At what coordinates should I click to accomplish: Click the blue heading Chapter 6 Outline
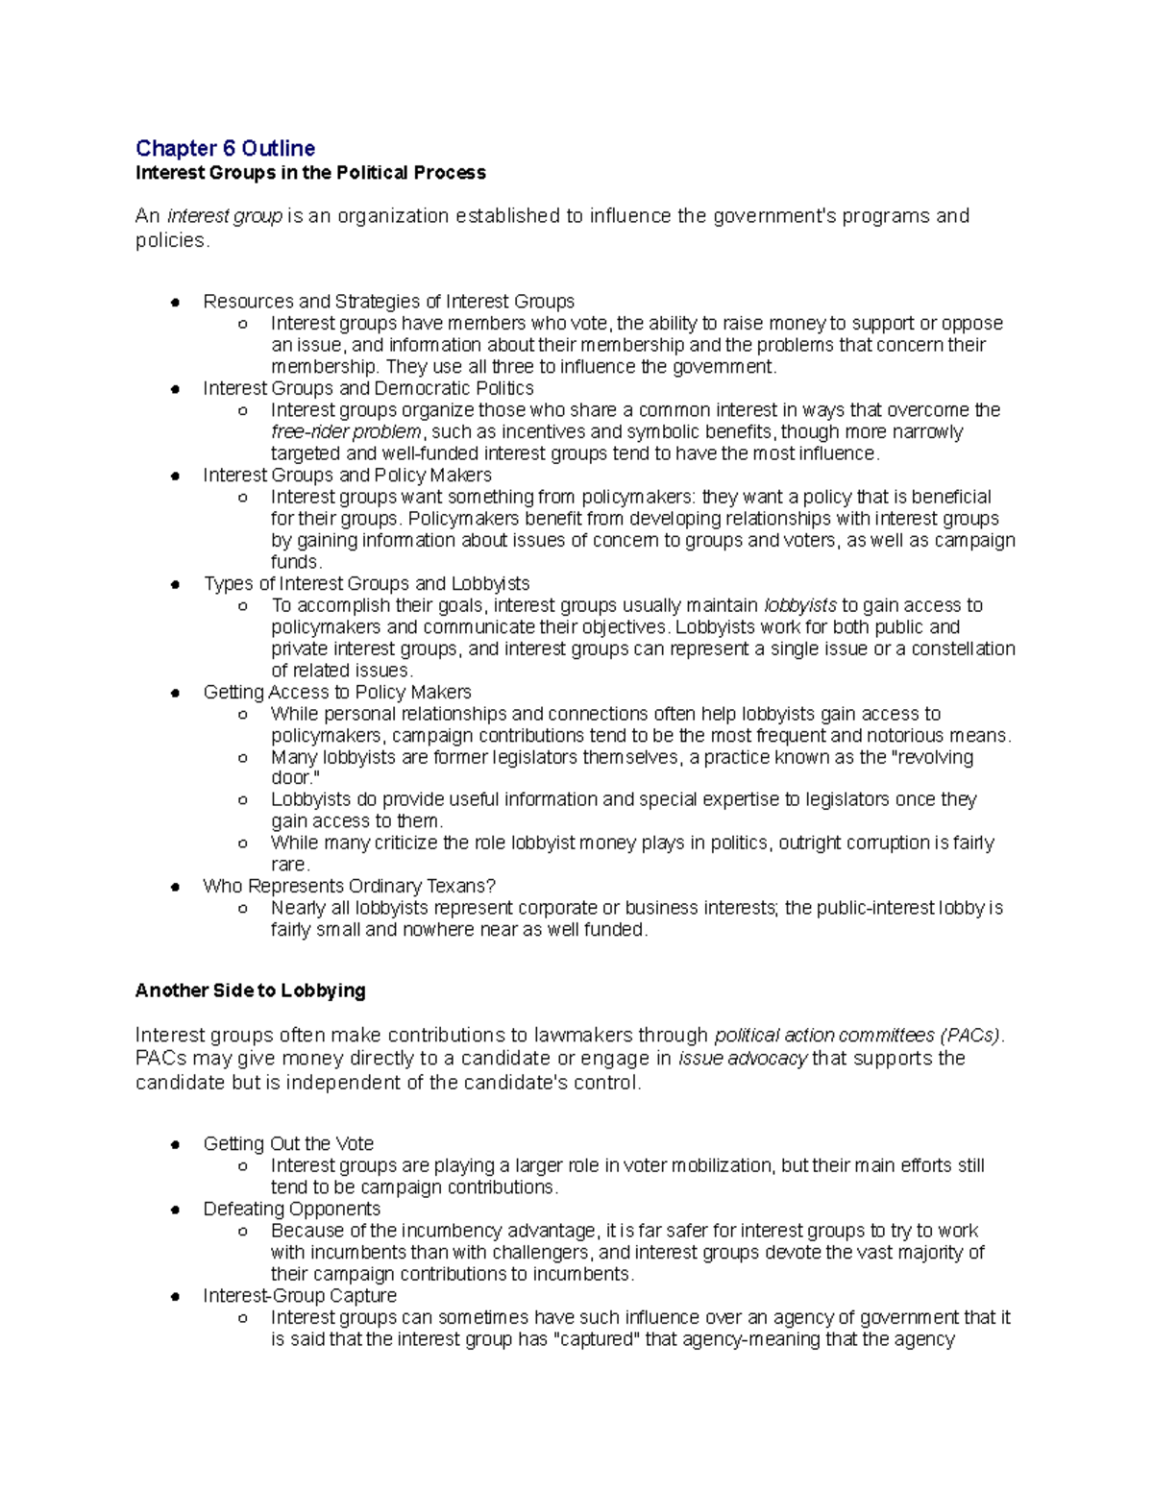225,148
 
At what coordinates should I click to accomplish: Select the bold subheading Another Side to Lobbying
250,991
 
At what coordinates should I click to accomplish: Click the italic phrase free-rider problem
346,432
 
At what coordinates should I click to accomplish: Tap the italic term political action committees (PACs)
858,1036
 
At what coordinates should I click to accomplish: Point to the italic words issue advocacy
743,1059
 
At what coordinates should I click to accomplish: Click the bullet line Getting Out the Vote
288,1144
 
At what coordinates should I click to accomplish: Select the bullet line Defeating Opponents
291,1209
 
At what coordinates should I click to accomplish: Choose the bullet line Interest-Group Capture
299,1296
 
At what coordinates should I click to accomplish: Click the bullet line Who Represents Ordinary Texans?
349,886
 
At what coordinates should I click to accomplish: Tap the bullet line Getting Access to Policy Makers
336,692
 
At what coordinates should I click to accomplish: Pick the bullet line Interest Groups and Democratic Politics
368,388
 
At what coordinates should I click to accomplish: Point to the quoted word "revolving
933,757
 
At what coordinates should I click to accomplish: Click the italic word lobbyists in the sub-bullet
799,605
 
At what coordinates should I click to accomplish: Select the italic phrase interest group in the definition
224,216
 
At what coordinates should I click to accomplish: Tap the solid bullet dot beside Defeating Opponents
175,1210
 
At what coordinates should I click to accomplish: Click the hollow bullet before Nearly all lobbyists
243,909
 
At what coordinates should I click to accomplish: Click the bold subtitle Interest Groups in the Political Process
310,173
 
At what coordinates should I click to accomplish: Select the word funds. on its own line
296,562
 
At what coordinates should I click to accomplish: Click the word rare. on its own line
290,865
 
